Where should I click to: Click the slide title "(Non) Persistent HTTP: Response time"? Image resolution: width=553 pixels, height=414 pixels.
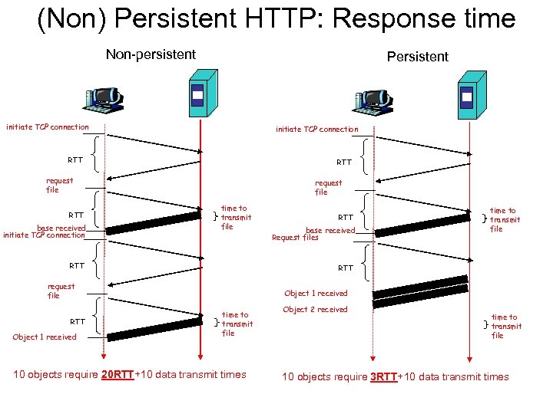point(276,18)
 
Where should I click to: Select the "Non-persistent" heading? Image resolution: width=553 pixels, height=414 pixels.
point(151,54)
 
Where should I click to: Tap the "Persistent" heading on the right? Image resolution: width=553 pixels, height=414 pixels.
point(417,57)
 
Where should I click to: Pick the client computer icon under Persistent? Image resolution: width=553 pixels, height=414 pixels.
point(372,99)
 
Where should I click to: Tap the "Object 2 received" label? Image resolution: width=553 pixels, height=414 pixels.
point(315,310)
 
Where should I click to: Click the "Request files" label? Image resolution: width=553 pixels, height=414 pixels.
point(295,238)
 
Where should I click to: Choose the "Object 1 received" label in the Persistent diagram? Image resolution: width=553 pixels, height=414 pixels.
point(316,293)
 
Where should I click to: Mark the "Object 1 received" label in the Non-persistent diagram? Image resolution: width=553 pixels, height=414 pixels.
point(45,337)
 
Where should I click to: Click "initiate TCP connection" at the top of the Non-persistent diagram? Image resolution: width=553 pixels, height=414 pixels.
point(48,127)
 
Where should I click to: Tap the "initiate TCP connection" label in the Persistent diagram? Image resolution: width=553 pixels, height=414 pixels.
point(316,130)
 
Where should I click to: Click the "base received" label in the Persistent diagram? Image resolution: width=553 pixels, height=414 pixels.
point(330,230)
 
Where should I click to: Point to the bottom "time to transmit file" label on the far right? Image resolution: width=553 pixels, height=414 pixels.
point(505,326)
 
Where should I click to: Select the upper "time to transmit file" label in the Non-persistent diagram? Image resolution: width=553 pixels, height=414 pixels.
point(234,217)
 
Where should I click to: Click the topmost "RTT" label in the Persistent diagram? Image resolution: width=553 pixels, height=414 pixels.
point(344,163)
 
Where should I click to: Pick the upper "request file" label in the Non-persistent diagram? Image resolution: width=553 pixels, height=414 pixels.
point(60,185)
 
